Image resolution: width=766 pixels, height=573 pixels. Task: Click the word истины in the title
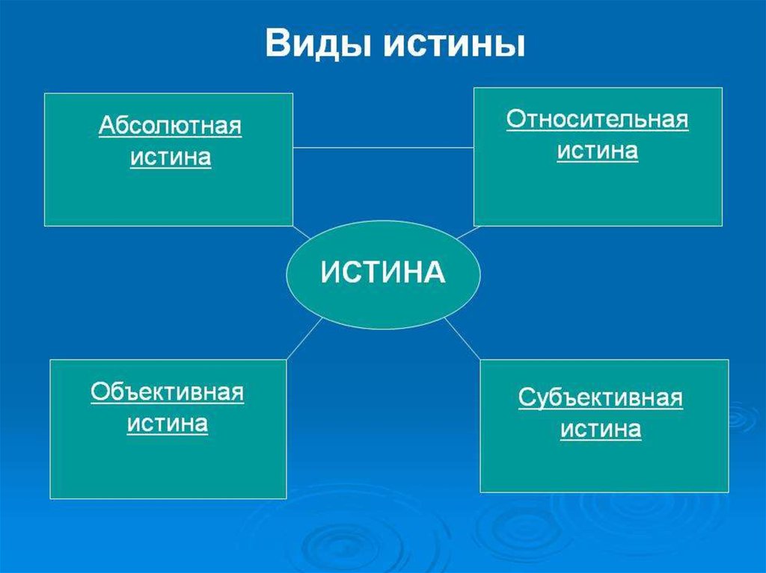tap(454, 44)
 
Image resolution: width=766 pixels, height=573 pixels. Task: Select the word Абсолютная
tap(170, 126)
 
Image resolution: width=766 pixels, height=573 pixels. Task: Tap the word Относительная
tap(598, 119)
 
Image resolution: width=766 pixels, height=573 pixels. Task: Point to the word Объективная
tap(167, 392)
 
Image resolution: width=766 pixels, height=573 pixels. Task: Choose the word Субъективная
tap(601, 397)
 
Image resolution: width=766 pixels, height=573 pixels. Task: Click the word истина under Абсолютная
tap(171, 157)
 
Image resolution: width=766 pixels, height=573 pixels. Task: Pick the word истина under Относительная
tap(598, 150)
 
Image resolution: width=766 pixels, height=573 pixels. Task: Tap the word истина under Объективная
tap(167, 423)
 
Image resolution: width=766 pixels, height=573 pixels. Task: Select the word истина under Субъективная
tap(601, 429)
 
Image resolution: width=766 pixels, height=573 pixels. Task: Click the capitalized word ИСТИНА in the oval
tap(383, 272)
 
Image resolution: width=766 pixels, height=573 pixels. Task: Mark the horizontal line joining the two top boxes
tap(384, 147)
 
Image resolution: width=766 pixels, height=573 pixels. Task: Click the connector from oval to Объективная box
tap(305, 338)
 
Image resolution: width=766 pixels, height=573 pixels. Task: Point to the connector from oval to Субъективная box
tap(462, 338)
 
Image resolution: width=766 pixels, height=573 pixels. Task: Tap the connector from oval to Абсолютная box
tap(301, 232)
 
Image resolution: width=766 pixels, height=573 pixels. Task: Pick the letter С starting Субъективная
tap(527, 397)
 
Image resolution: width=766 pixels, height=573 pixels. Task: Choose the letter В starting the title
tap(277, 44)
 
